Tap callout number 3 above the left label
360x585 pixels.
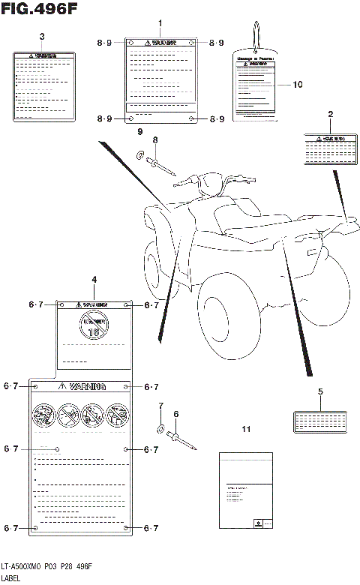click(41, 36)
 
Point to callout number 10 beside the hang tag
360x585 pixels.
click(298, 85)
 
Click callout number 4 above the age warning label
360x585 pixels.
click(94, 280)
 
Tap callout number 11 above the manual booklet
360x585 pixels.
click(245, 429)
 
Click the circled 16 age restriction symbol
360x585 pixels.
click(94, 325)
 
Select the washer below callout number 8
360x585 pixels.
click(140, 155)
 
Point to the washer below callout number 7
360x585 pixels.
click(160, 428)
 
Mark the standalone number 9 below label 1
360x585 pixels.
click(139, 132)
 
